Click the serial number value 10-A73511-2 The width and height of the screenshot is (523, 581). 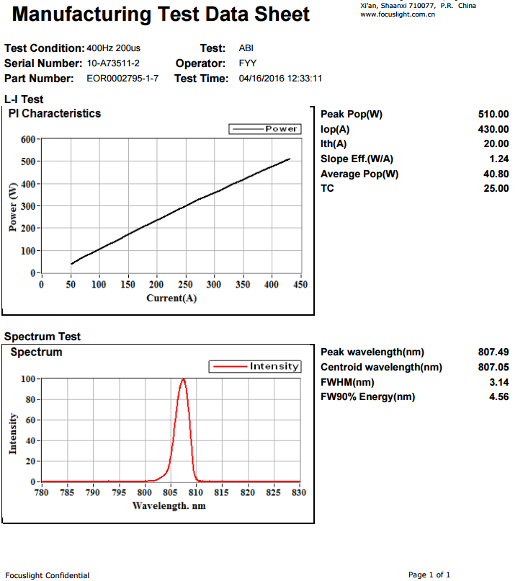pos(113,63)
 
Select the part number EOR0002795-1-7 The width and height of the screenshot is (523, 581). pos(122,79)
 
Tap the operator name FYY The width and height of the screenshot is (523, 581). pos(247,63)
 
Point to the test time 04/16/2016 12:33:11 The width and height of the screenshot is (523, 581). pos(280,79)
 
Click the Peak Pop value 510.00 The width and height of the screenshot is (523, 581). pos(493,114)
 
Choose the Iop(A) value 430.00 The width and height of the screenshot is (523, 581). pos(493,129)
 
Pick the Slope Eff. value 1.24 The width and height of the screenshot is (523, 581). pos(499,159)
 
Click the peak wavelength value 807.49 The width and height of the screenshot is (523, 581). pos(493,352)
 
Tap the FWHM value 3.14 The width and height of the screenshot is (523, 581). pos(499,382)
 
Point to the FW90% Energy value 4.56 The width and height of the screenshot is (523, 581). pos(499,397)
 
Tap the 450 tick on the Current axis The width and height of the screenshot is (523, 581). pos(300,285)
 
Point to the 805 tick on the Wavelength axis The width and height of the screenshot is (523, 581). pos(171,493)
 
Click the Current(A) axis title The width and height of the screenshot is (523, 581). pos(171,298)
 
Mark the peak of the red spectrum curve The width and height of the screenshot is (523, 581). pos(184,378)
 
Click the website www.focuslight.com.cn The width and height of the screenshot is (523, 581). pos(397,14)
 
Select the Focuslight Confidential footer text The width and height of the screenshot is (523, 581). pos(47,575)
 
